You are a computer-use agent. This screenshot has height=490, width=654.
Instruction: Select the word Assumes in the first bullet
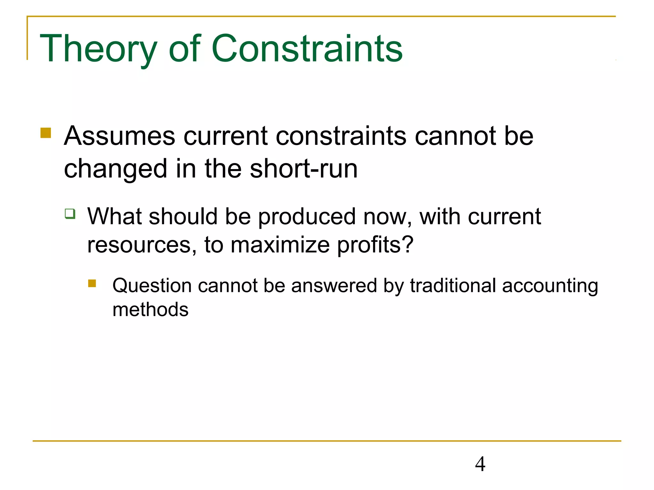[119, 136]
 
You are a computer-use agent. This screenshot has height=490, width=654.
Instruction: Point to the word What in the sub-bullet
[114, 216]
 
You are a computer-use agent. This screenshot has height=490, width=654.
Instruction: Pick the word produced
[307, 217]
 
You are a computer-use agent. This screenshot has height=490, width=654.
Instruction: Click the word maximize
[280, 245]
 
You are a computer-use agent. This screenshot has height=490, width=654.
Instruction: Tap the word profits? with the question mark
[375, 245]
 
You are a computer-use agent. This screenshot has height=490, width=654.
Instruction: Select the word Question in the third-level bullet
[152, 286]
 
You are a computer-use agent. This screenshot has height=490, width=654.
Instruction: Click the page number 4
[480, 464]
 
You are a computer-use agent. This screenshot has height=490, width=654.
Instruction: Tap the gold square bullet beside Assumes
[46, 133]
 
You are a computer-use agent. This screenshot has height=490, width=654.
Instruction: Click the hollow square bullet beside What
[70, 213]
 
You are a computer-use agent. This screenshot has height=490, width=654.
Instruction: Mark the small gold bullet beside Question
[92, 283]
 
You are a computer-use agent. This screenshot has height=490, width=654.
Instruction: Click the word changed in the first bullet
[116, 169]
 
